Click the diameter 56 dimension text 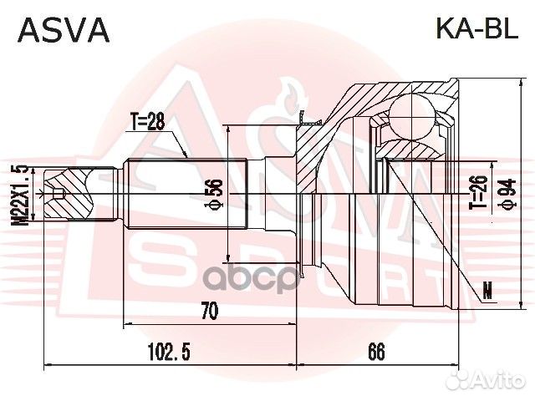[216, 194]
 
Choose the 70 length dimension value [209, 311]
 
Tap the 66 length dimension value [377, 352]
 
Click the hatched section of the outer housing [334, 134]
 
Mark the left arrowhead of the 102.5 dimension [45, 365]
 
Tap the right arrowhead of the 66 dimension [457, 365]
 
